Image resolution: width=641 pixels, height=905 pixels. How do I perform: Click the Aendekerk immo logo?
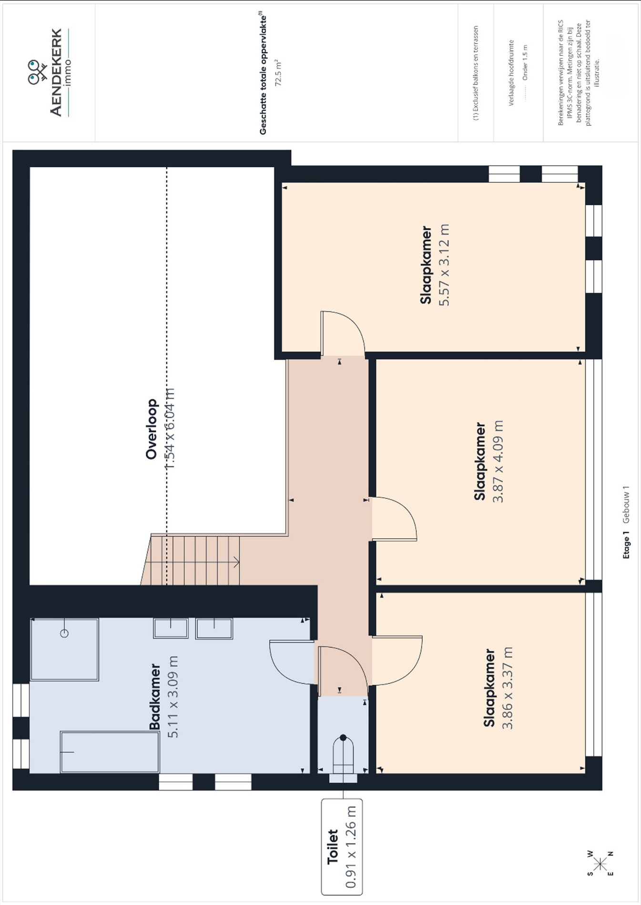click(48, 73)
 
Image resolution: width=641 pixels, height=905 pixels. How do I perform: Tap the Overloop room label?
click(152, 429)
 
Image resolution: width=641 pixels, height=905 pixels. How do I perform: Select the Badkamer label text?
click(154, 696)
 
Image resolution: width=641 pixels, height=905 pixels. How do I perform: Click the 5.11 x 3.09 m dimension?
click(173, 697)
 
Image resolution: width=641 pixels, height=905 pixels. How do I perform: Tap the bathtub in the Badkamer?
click(110, 752)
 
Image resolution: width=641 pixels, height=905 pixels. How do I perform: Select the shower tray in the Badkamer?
click(64, 649)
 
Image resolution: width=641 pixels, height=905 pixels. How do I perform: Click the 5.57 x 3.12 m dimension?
click(444, 265)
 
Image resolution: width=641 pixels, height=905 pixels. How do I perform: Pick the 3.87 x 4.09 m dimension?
click(498, 461)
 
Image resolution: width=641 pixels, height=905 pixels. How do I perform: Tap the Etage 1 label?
click(626, 547)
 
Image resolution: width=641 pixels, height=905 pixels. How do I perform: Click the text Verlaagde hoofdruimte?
click(511, 72)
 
